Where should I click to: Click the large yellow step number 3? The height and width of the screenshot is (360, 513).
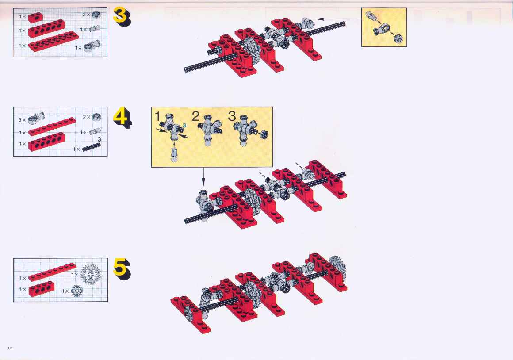[122, 17]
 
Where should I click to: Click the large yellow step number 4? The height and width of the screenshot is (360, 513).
[123, 118]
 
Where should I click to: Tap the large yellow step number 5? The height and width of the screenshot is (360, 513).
[122, 269]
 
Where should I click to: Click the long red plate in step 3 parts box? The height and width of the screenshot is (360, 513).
[54, 41]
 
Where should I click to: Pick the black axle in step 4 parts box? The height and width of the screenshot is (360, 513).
[91, 147]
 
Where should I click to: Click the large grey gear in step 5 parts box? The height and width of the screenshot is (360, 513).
[91, 274]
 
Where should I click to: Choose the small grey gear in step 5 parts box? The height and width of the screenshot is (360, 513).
[77, 291]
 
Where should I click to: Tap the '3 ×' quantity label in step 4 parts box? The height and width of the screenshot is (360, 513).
[22, 120]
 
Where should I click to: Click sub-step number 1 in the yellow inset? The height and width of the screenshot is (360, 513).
[157, 116]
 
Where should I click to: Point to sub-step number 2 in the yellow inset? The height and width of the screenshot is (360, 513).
[195, 116]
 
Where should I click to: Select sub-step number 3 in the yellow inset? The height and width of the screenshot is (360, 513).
[232, 116]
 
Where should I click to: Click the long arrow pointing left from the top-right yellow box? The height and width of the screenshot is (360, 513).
[339, 19]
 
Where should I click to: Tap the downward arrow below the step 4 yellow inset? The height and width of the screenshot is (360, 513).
[203, 176]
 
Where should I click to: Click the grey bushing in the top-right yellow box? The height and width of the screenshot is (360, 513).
[398, 39]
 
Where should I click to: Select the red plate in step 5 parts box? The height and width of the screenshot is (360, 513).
[52, 272]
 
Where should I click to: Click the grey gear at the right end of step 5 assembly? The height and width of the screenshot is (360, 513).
[338, 265]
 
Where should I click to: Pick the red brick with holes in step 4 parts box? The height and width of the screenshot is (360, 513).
[46, 142]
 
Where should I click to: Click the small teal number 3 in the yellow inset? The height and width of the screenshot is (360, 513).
[184, 125]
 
